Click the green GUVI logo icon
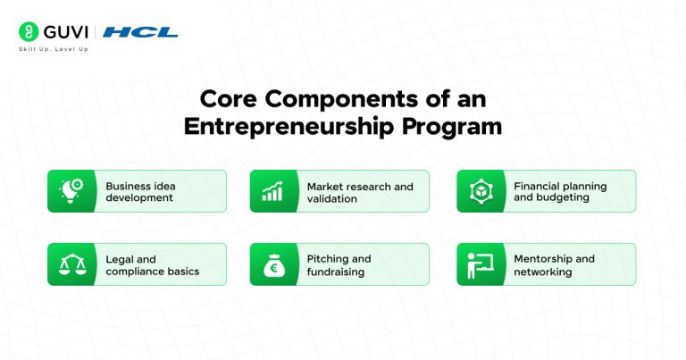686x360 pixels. [x=27, y=31]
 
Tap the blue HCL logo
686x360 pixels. [x=140, y=32]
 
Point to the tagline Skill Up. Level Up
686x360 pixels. [x=53, y=48]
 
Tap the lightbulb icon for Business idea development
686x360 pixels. [x=71, y=191]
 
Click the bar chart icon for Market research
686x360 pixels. [x=272, y=191]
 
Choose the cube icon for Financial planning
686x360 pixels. [x=480, y=191]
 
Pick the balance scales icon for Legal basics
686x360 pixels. [x=71, y=264]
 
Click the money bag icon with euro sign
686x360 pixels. [x=272, y=264]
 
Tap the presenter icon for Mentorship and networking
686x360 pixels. [x=480, y=264]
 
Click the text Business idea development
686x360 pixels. [x=140, y=191]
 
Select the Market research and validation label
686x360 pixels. [x=359, y=191]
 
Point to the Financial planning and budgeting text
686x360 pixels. [x=560, y=191]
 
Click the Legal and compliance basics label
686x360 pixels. [x=152, y=264]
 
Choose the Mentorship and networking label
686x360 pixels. [x=554, y=264]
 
